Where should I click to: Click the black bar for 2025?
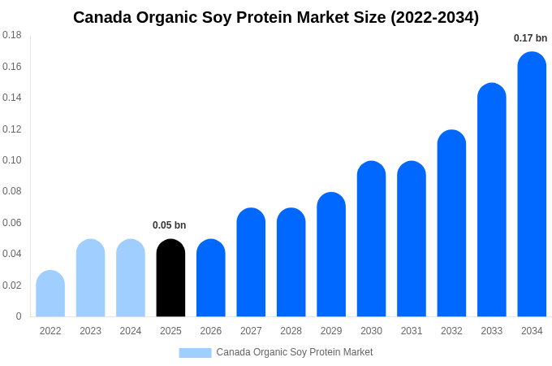click(170, 278)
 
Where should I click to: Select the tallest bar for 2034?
click(532, 185)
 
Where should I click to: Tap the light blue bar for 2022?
click(50, 294)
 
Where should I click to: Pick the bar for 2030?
click(371, 239)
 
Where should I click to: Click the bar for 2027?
click(251, 263)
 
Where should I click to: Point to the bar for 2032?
click(451, 224)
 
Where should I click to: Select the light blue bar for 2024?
click(131, 278)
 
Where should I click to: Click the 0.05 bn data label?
click(169, 225)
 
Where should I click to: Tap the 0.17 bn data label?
click(530, 38)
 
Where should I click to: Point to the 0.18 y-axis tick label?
click(12, 35)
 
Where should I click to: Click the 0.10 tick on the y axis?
click(12, 160)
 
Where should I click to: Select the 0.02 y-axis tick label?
click(12, 285)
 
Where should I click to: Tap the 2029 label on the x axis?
click(331, 331)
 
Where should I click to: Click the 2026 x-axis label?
click(211, 331)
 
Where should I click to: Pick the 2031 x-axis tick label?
click(412, 331)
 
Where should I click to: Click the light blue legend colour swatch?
click(195, 353)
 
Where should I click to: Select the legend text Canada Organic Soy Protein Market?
click(294, 352)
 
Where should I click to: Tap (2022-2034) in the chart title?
click(434, 17)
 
